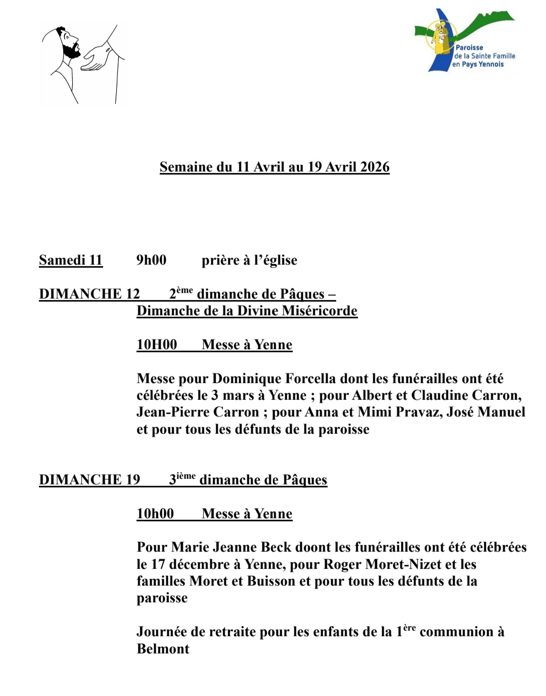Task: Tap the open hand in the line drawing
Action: click(98, 57)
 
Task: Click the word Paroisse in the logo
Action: click(469, 48)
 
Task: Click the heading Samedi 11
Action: click(71, 260)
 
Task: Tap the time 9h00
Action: click(151, 260)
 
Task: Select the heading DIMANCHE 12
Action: click(89, 294)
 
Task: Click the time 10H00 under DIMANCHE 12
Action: click(157, 345)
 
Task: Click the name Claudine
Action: click(439, 395)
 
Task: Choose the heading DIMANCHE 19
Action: click(89, 480)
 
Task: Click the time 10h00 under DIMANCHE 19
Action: click(155, 514)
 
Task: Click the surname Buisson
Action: click(271, 581)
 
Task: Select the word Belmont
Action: click(163, 649)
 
